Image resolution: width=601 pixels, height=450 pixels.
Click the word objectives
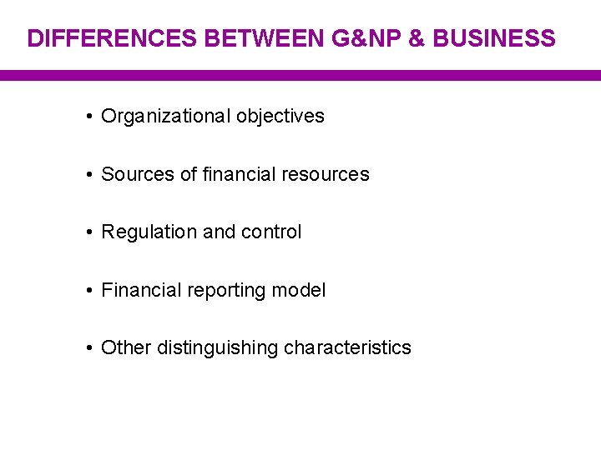tap(280, 117)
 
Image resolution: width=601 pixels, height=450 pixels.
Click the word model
tap(303, 291)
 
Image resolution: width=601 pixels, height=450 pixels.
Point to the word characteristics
tap(347, 348)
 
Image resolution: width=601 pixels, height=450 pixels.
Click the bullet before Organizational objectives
tap(88, 117)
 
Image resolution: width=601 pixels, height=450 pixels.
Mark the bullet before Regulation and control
tap(88, 232)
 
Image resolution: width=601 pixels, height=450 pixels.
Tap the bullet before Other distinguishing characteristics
tap(88, 348)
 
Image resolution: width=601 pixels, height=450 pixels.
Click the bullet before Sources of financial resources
tap(88, 174)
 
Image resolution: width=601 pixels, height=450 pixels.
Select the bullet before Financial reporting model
tap(88, 291)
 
